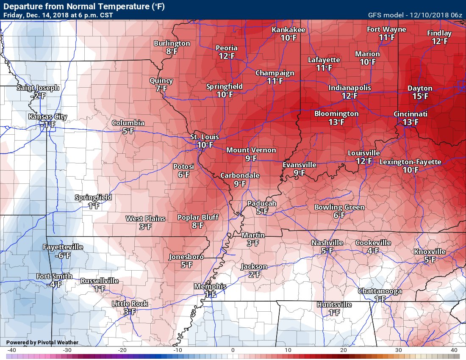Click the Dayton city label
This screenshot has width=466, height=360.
420,88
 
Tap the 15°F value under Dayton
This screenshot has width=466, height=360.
420,97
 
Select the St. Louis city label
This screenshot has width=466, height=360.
204,137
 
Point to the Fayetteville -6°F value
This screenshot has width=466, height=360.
63,255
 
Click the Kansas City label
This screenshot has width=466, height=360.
47,116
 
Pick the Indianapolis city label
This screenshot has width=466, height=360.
349,88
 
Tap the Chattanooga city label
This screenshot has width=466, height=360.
380,291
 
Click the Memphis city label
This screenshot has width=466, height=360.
210,286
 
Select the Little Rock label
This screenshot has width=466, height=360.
130,304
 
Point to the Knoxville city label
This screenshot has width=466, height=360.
430,252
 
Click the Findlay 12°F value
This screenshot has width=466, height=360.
439,42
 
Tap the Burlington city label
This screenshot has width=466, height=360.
172,43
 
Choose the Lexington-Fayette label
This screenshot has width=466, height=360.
410,162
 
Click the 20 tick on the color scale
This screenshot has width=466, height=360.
344,350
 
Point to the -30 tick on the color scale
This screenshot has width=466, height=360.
67,350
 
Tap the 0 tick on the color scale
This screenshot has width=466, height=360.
233,350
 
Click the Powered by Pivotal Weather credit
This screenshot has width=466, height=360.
42,342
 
